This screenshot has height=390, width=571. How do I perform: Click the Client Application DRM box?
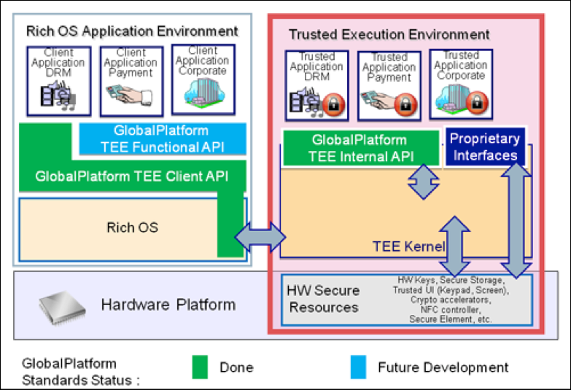[59, 81]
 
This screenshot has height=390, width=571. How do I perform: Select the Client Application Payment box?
[131, 81]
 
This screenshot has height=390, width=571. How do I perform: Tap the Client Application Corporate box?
[202, 79]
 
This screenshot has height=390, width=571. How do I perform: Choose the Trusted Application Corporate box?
[460, 84]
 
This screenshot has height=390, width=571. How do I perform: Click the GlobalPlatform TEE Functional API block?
[160, 139]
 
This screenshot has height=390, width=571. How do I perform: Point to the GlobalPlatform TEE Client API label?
[131, 176]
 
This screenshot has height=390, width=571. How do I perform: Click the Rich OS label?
[131, 227]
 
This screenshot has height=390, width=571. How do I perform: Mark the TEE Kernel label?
[403, 246]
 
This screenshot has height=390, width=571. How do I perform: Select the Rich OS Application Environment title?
[132, 31]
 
